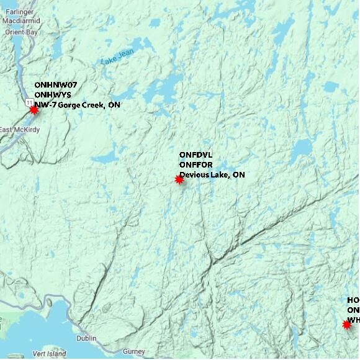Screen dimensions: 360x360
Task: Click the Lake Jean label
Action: click(x=116, y=59)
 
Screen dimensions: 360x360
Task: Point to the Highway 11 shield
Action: click(x=29, y=100)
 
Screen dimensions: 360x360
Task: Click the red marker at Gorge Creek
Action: click(x=34, y=109)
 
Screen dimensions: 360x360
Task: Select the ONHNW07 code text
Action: click(x=56, y=85)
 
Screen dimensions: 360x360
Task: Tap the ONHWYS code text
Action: click(x=53, y=95)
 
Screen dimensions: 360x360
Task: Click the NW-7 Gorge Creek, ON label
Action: click(x=78, y=105)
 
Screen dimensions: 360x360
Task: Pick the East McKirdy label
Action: click(x=16, y=130)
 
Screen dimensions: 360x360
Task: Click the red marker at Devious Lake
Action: click(x=179, y=179)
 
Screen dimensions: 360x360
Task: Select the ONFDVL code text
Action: click(x=196, y=155)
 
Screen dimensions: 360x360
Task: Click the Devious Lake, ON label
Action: click(x=212, y=175)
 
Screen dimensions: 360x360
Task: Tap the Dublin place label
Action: click(x=86, y=338)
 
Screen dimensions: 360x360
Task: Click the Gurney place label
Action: click(x=133, y=351)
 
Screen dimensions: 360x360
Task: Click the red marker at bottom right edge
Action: click(x=347, y=324)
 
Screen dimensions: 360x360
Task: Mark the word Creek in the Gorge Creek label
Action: click(x=94, y=105)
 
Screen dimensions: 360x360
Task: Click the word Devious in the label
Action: click(x=194, y=175)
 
